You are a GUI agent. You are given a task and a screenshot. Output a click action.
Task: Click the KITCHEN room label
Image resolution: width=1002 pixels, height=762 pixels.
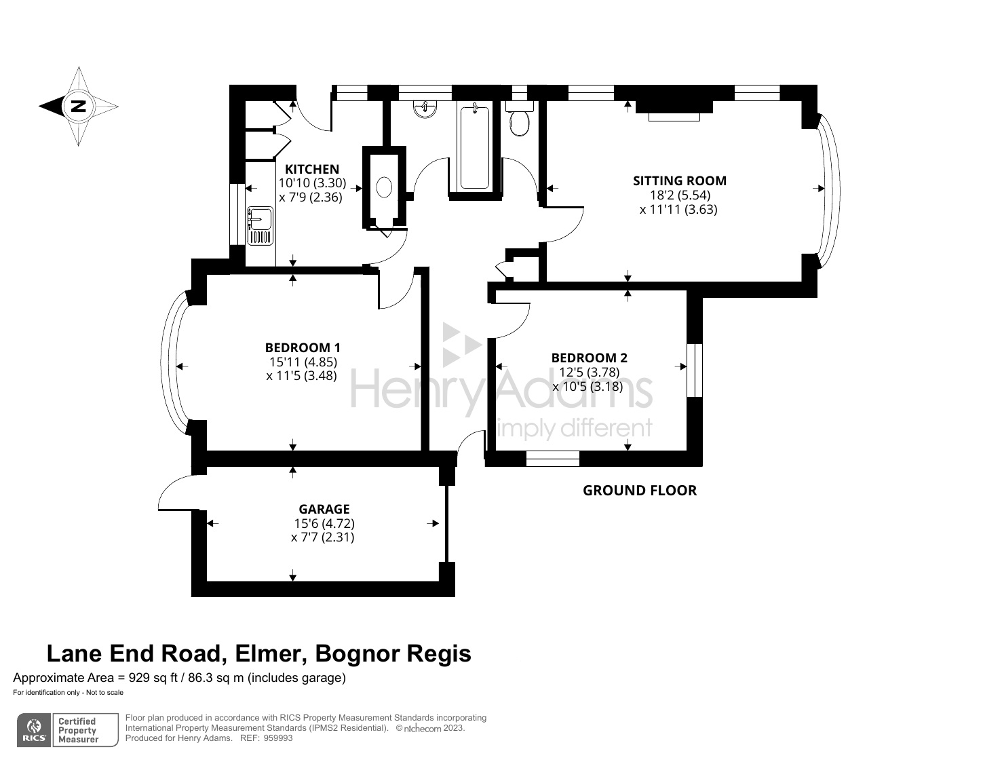[311, 169]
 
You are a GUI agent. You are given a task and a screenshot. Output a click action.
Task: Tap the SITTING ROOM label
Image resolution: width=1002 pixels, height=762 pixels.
[679, 180]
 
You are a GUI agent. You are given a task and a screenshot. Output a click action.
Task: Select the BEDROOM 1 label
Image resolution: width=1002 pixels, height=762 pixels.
[302, 347]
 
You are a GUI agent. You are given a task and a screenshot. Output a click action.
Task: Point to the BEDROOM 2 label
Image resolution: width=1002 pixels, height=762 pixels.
[589, 358]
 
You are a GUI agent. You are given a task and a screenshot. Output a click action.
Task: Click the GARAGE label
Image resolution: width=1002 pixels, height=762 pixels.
[324, 509]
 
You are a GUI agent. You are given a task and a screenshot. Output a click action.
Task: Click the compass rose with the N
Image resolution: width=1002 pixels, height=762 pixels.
[79, 106]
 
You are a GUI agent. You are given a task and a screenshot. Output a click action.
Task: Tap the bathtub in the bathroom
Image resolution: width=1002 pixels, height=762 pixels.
[474, 147]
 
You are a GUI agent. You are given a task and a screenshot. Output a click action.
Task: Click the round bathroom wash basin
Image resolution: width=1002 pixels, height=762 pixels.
[425, 108]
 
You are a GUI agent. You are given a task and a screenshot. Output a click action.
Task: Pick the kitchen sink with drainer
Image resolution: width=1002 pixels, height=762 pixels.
[261, 225]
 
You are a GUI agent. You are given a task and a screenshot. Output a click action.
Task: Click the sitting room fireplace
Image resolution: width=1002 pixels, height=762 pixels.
[674, 109]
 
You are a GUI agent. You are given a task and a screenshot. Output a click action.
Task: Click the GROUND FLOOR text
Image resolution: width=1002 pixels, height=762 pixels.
[639, 491]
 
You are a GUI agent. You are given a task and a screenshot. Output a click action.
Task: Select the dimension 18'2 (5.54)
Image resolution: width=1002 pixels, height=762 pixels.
[680, 195]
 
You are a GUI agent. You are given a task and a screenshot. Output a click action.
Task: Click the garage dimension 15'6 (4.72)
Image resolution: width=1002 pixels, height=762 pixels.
[324, 523]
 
